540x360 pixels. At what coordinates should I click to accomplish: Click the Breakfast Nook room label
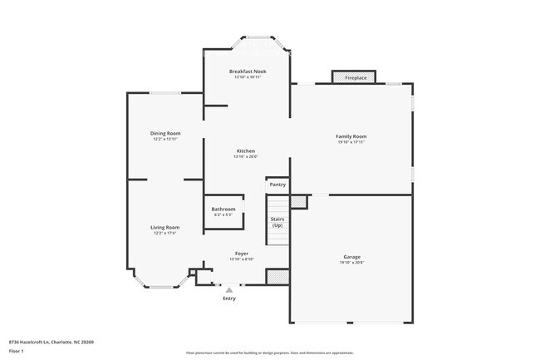(x=248, y=72)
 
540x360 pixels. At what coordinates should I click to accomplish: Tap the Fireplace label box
(x=356, y=78)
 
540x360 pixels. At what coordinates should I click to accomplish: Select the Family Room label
(x=351, y=136)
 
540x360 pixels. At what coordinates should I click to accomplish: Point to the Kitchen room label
(x=245, y=150)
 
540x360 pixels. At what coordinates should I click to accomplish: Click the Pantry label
(x=277, y=185)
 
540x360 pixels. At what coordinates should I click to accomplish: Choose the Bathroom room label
(x=223, y=209)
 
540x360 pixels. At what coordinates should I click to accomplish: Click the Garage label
(x=351, y=257)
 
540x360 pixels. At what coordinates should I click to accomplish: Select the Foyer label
(x=241, y=254)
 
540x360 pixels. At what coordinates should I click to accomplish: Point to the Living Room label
(x=164, y=227)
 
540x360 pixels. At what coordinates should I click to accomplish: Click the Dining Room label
(x=165, y=133)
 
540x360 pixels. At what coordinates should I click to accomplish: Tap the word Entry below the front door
(x=229, y=298)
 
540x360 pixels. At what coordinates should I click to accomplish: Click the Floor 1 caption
(x=17, y=352)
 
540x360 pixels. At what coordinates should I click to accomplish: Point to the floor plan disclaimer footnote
(x=270, y=353)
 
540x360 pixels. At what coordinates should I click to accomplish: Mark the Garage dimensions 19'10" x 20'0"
(x=351, y=263)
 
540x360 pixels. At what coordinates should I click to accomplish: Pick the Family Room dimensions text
(x=351, y=142)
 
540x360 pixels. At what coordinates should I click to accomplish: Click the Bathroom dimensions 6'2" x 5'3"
(x=223, y=215)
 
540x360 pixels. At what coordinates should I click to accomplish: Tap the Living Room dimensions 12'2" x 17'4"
(x=164, y=233)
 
